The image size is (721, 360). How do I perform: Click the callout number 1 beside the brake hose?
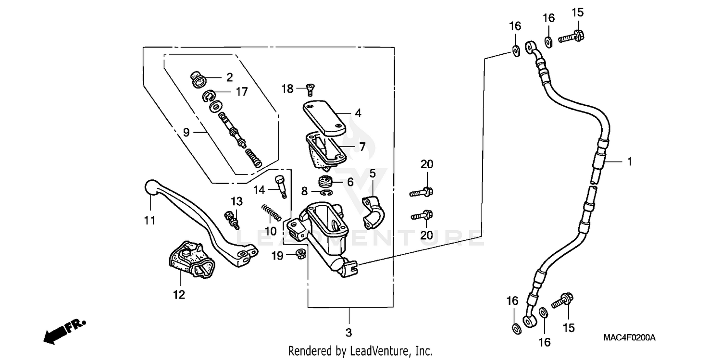628,162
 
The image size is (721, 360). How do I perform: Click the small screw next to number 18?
310,89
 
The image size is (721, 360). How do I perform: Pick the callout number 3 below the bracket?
349,332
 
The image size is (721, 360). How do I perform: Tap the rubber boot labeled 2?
198,80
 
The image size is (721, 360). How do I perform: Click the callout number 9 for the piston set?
186,132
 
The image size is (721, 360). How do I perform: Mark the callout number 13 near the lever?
236,200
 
